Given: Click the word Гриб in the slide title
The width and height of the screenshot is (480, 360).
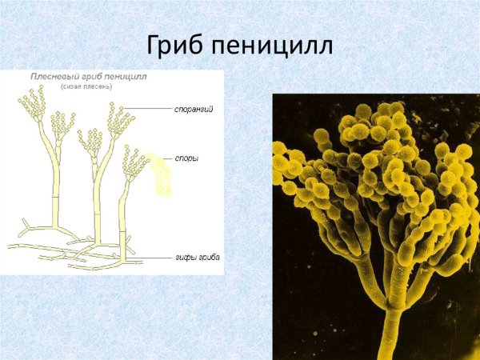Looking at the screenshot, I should [x=177, y=44].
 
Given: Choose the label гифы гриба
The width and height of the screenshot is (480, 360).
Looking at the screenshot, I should [x=197, y=258].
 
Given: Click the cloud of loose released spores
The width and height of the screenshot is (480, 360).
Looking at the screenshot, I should [x=162, y=176].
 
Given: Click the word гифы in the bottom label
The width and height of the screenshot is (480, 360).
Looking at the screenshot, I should [x=186, y=258].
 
